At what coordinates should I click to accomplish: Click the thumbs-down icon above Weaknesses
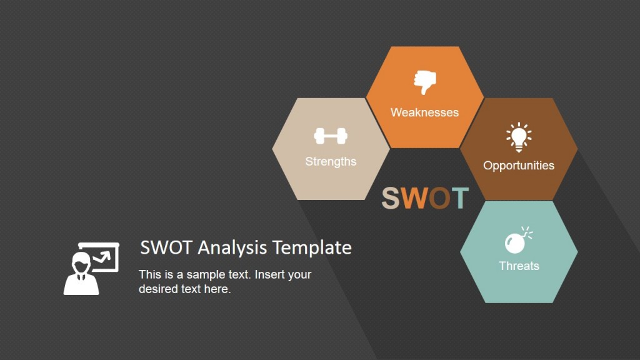pos(425,82)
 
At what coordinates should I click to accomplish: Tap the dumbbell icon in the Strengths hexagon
pos(331,136)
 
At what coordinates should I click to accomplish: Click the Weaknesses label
pos(424,112)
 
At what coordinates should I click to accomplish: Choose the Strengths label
pos(331,161)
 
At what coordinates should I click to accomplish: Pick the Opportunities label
pos(519,166)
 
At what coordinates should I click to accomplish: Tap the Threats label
pos(519,266)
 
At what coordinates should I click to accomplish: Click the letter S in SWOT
pos(391,198)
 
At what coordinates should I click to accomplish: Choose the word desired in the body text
pos(157,289)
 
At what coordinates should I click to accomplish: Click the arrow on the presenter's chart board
pos(102,256)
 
